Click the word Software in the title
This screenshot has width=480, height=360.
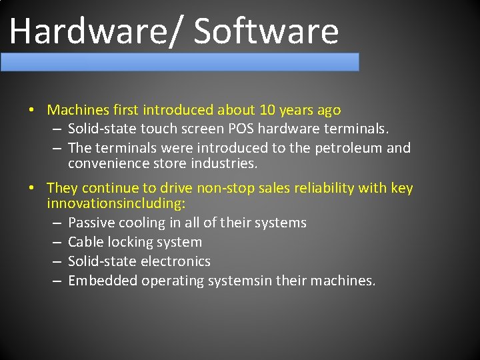266,31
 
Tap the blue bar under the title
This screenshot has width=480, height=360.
180,62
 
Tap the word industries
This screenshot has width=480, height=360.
224,163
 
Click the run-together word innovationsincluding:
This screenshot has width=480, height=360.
116,203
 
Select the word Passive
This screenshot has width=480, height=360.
91,223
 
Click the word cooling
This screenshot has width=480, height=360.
142,223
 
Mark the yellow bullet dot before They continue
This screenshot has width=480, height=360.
31,189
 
